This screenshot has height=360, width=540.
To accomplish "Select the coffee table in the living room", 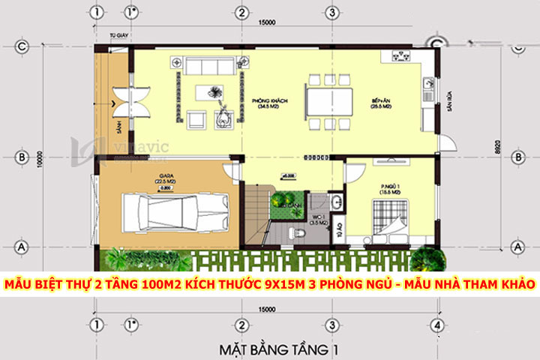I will pos(216,92).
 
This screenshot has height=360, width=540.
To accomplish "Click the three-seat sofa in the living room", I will pos(214,66).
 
